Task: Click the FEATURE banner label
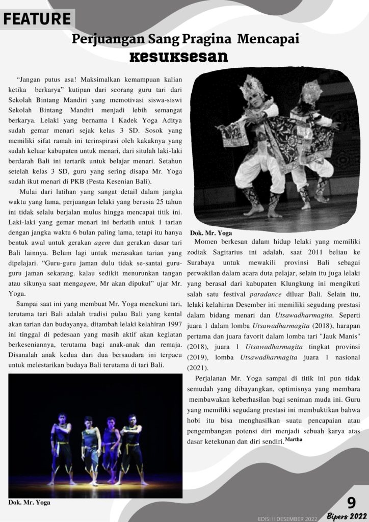pos(37,20)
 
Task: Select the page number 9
pos(351,502)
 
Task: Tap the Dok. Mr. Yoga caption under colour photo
pos(30,502)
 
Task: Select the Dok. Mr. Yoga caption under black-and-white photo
pos(210,233)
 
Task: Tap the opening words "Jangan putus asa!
pos(46,80)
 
